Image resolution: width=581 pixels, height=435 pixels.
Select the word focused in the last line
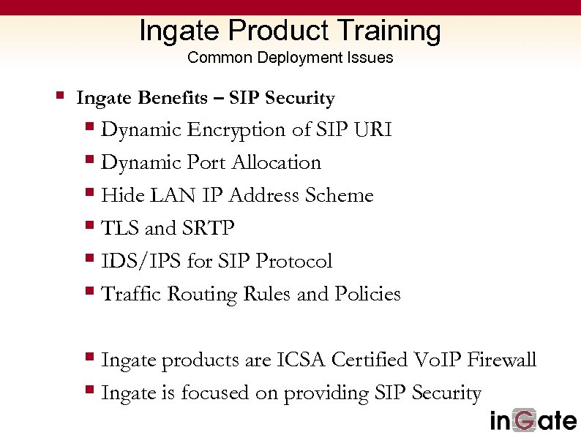[x=215, y=393]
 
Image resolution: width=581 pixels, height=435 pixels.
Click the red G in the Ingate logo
[x=529, y=420]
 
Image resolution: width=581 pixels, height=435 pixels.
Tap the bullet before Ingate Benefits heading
[x=61, y=95]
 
